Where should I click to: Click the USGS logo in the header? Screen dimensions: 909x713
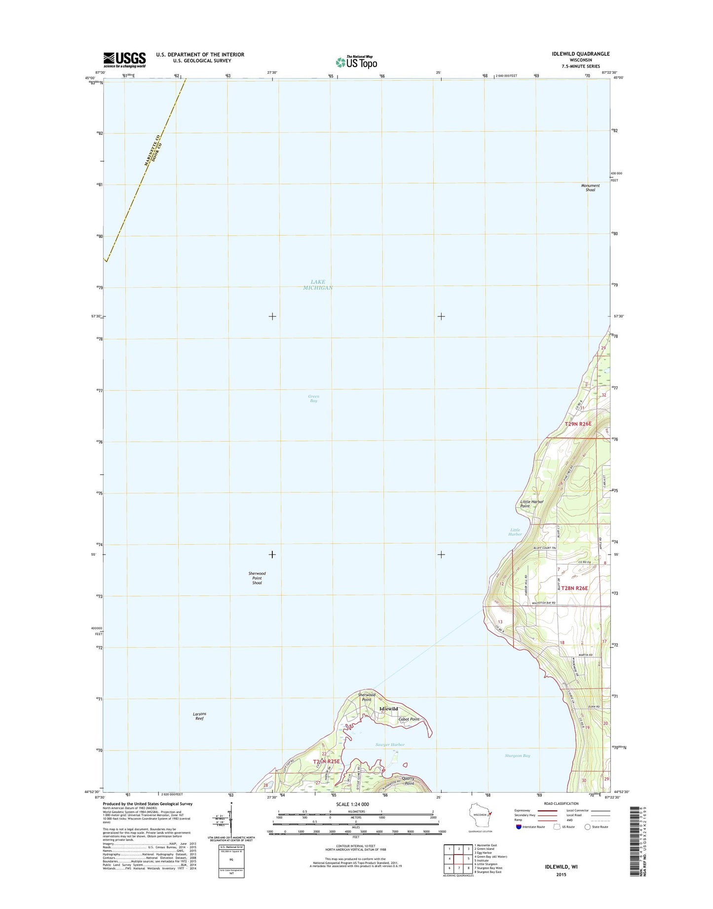pyautogui.click(x=124, y=59)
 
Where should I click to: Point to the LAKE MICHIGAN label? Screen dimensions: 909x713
pyautogui.click(x=318, y=285)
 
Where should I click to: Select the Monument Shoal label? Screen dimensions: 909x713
pyautogui.click(x=590, y=188)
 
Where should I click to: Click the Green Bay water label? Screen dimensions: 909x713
pyautogui.click(x=313, y=398)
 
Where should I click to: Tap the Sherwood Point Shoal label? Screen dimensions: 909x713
pyautogui.click(x=257, y=578)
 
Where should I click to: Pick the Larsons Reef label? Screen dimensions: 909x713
pyautogui.click(x=199, y=716)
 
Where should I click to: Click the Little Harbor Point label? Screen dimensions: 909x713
pyautogui.click(x=531, y=503)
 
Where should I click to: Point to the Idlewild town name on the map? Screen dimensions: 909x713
pyautogui.click(x=388, y=709)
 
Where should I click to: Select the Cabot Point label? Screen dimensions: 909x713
pyautogui.click(x=409, y=719)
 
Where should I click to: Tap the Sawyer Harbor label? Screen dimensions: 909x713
pyautogui.click(x=390, y=745)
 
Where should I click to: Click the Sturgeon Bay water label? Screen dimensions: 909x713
pyautogui.click(x=518, y=756)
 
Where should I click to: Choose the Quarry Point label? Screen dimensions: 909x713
pyautogui.click(x=409, y=781)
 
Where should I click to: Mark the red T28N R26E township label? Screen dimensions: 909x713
pyautogui.click(x=575, y=588)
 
